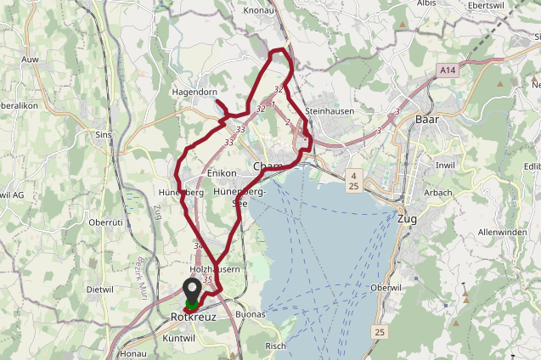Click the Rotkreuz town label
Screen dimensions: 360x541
click(193, 317)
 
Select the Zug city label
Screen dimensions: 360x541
click(407, 219)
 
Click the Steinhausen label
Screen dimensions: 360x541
click(328, 111)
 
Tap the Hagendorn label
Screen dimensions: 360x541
click(195, 92)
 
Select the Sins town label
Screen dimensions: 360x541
click(104, 134)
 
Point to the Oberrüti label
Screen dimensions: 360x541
click(106, 222)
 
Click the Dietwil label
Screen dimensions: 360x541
click(100, 289)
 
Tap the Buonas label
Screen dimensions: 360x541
click(250, 314)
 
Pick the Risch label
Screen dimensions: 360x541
click(275, 346)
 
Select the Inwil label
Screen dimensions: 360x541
click(445, 165)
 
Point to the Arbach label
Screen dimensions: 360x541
click(438, 193)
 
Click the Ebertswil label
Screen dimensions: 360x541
click(486, 5)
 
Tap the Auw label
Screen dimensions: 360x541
click(31, 59)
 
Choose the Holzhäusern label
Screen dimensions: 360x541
click(216, 269)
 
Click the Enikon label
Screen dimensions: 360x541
click(221, 173)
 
